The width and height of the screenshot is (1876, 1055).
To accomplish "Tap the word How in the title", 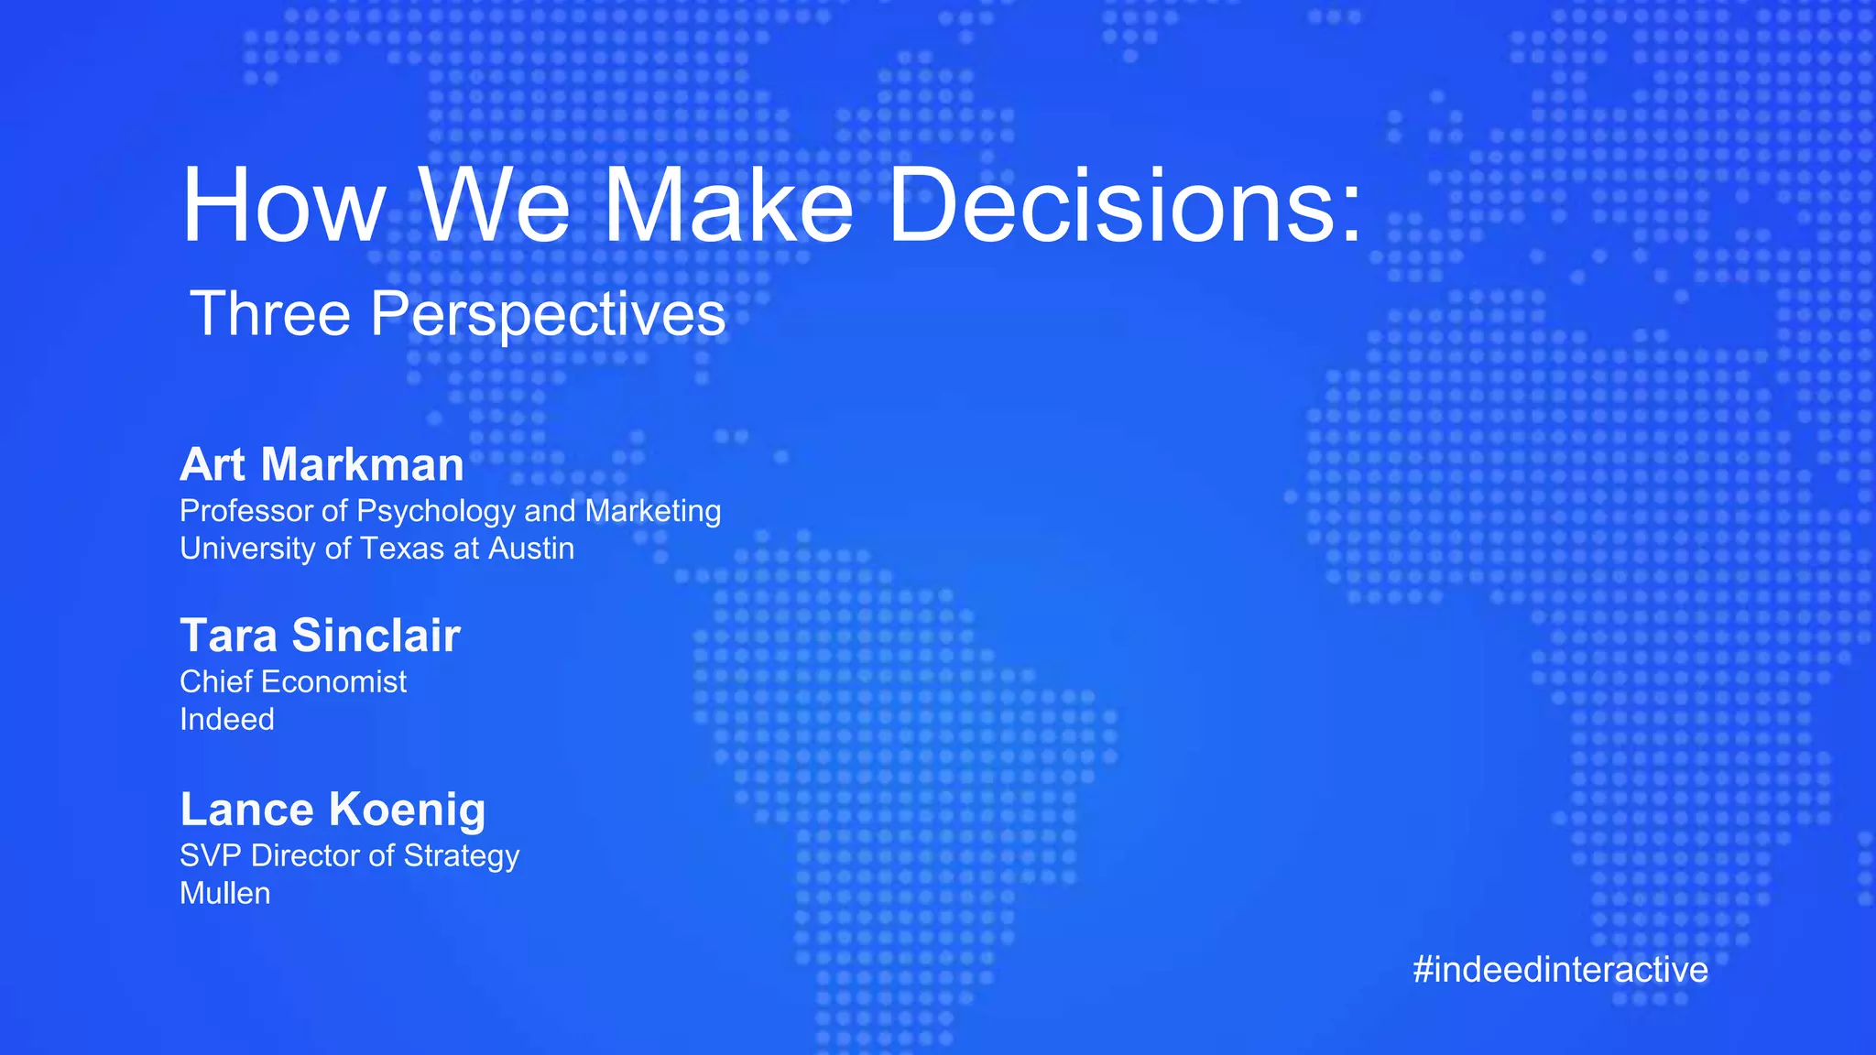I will point(284,206).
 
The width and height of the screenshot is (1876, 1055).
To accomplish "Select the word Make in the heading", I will point(728,206).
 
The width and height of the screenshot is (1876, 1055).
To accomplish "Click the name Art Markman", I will point(322,464).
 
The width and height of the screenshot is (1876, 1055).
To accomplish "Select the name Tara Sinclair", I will point(320,636).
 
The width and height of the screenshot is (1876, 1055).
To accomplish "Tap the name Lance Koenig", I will point(333,810).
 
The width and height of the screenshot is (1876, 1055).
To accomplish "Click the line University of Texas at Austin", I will point(376,549).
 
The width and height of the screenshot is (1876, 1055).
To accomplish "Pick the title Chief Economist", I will point(292,681).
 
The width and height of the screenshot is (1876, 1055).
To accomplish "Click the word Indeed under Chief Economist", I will point(226,719).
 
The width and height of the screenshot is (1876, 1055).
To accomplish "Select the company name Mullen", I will point(224,893).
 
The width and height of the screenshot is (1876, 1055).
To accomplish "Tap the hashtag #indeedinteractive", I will point(1560,970).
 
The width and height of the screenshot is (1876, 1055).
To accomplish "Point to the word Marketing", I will point(652,511).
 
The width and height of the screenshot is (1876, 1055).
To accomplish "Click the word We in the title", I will point(495,206).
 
